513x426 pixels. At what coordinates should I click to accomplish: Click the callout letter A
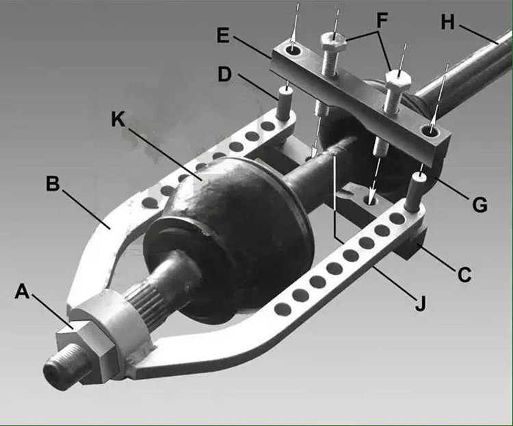point(23,293)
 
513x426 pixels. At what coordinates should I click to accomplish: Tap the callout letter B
point(53,184)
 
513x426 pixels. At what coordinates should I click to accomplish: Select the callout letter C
point(464,275)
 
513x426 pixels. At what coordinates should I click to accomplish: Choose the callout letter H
point(448,22)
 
